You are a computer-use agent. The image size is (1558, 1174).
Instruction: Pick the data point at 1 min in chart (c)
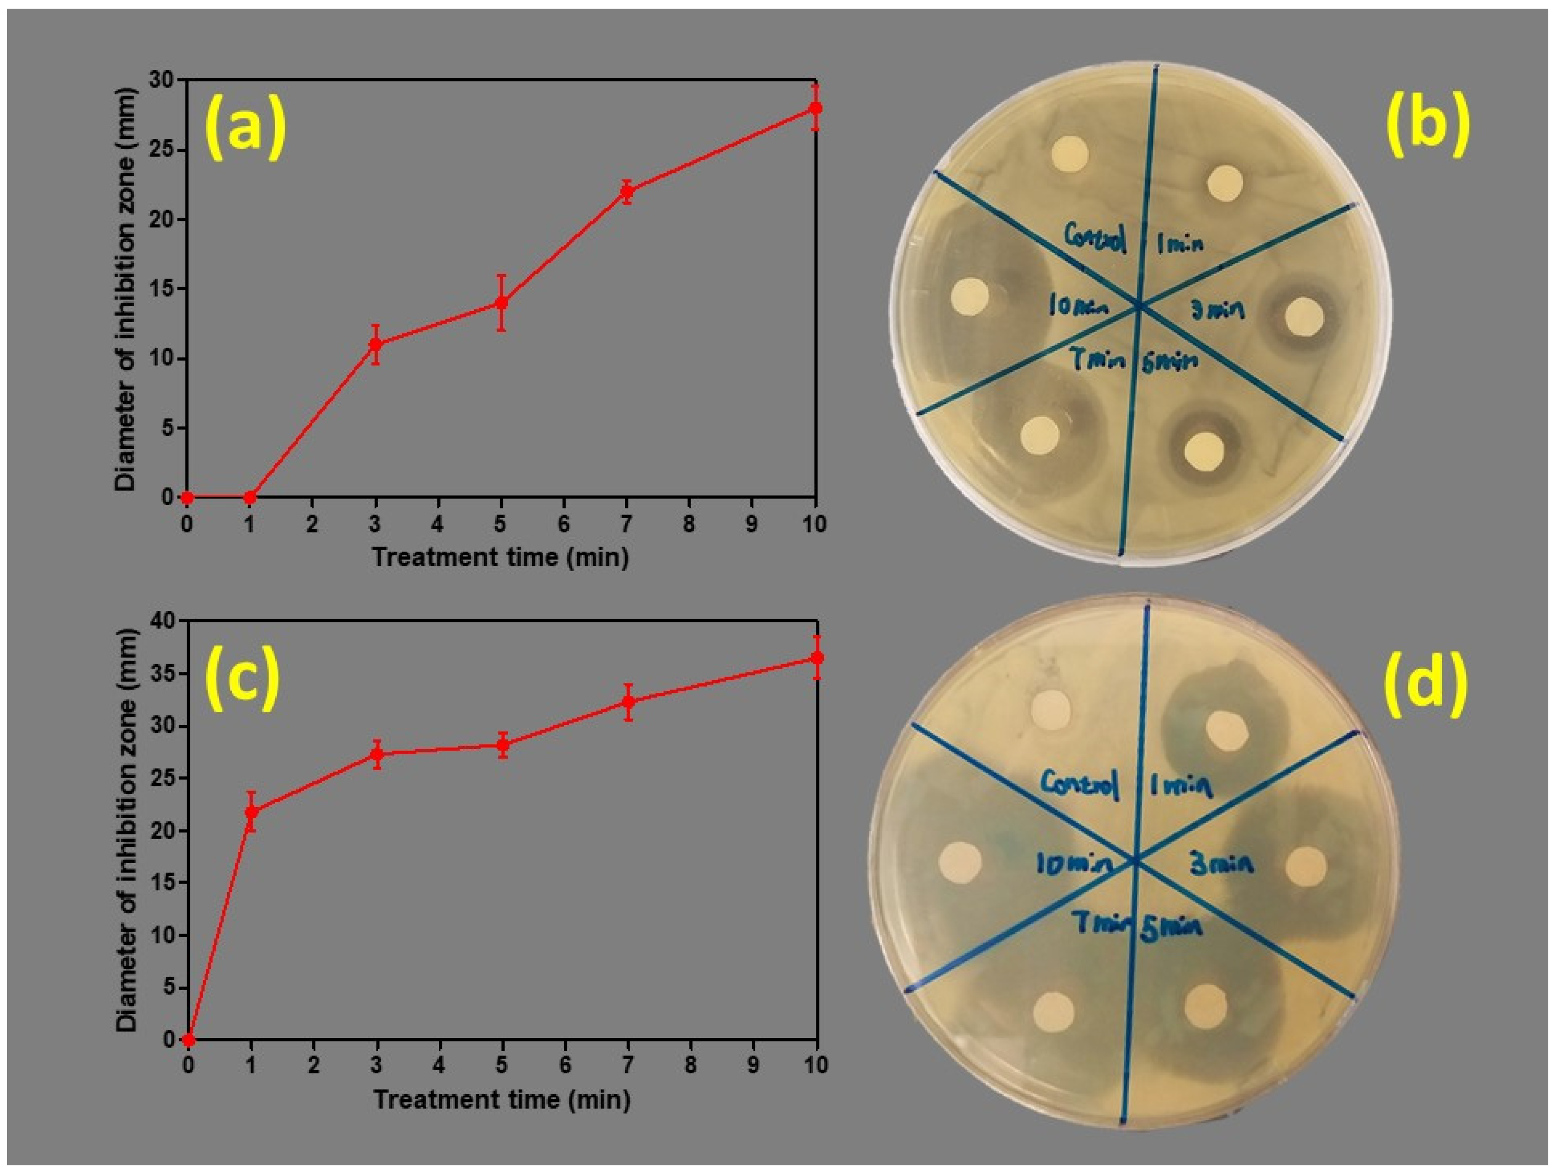251,812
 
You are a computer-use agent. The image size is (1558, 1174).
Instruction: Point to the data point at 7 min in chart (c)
628,702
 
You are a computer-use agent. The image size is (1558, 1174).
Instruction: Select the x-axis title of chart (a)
500,557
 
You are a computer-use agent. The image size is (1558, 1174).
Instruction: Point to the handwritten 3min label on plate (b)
1216,309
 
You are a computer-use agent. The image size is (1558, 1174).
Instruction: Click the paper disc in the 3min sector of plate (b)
1304,316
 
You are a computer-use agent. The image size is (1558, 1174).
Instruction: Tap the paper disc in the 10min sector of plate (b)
970,296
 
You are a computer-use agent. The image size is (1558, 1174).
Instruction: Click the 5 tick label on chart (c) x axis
501,1065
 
